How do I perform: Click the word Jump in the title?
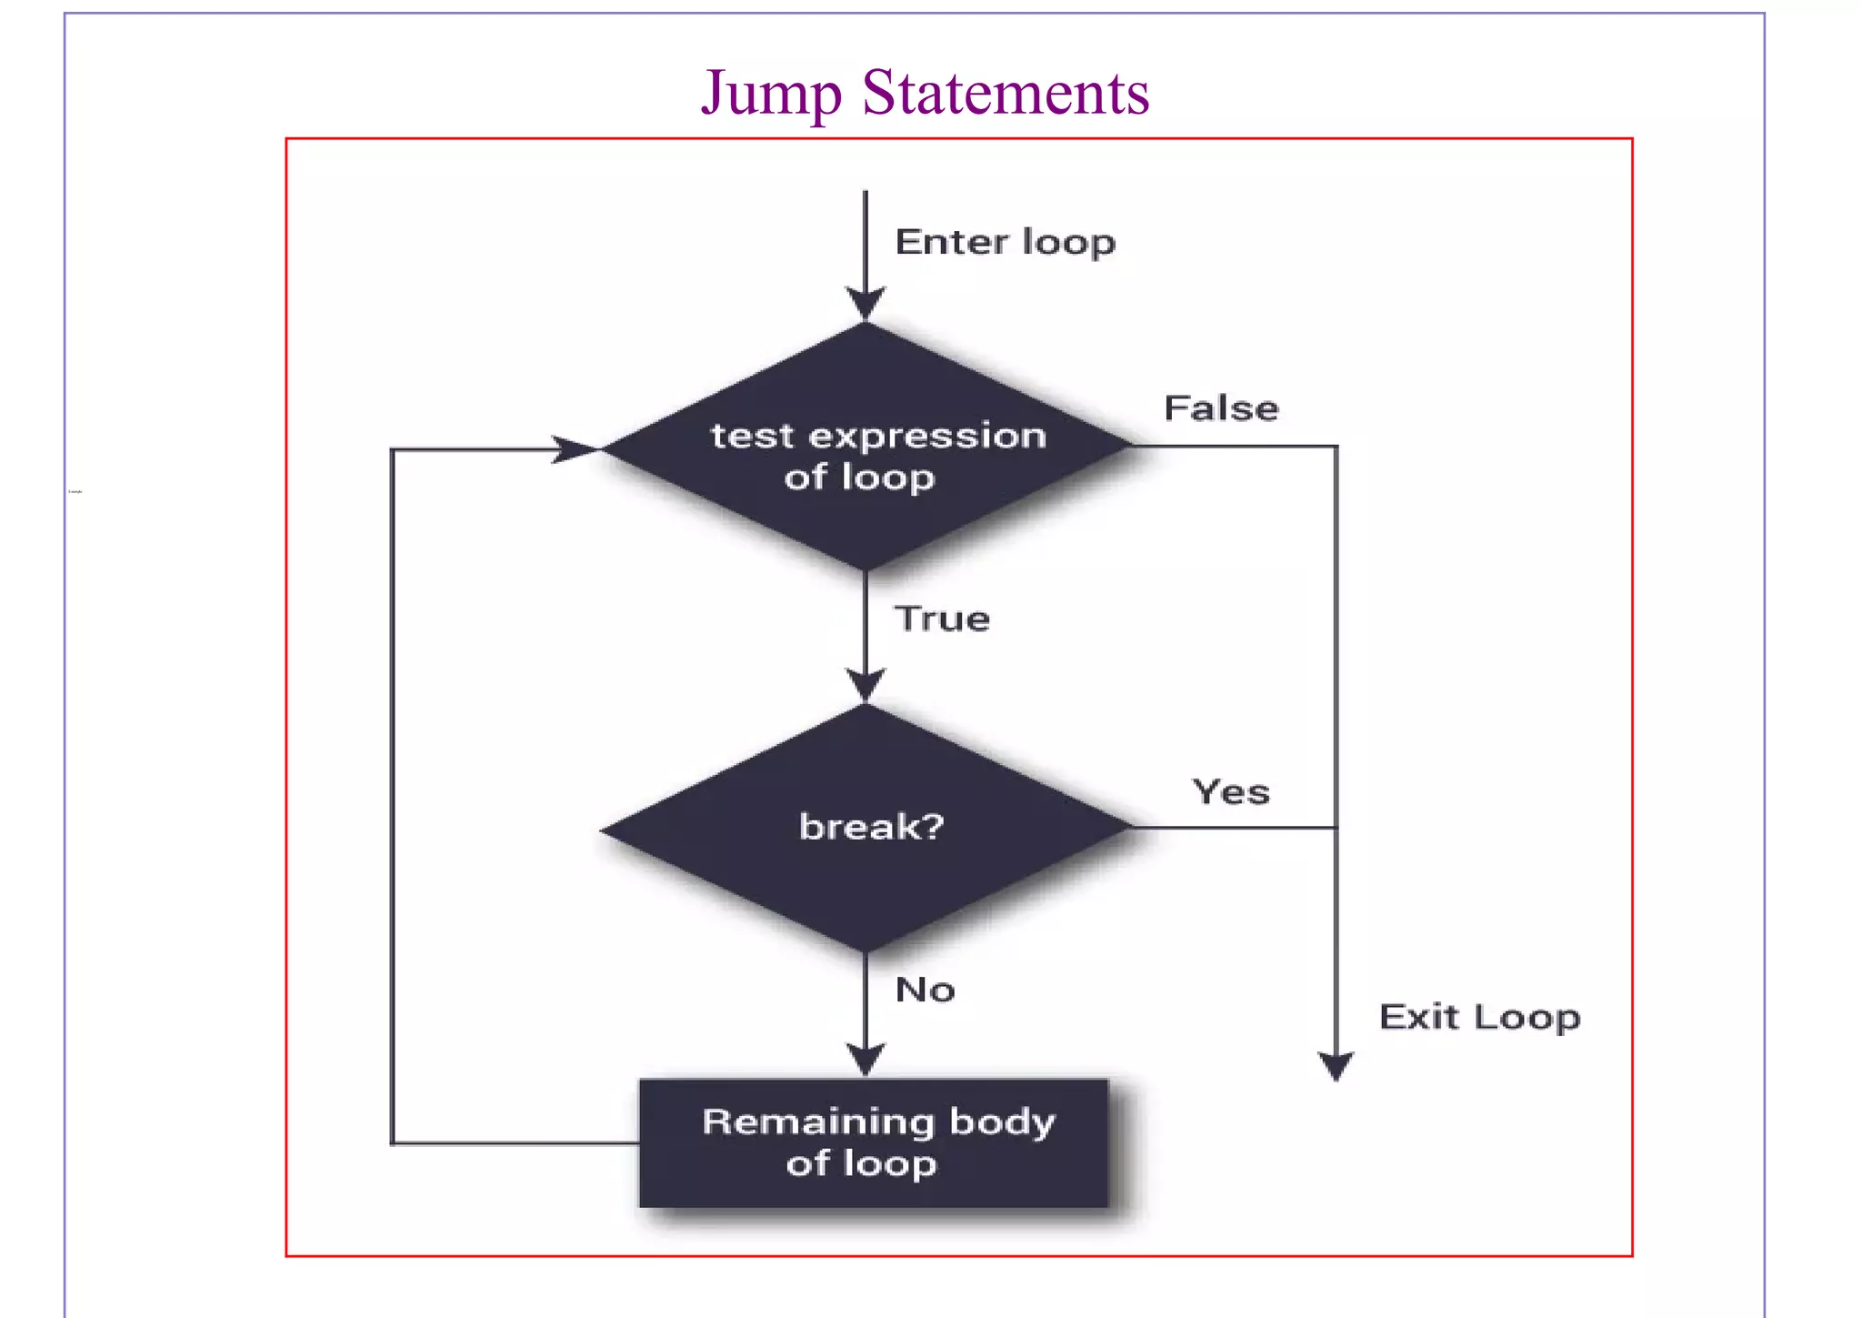click(x=771, y=94)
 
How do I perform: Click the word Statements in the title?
click(x=1006, y=93)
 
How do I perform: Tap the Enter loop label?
click(x=1005, y=243)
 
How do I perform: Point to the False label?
click(x=1221, y=408)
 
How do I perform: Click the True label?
click(x=942, y=619)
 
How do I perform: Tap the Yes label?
click(x=1231, y=791)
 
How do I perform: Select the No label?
click(x=925, y=990)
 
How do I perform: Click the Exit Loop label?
click(x=1479, y=1017)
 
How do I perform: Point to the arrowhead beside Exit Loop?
click(x=1336, y=1066)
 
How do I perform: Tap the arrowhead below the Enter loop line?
click(x=866, y=303)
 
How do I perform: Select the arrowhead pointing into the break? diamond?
click(x=866, y=685)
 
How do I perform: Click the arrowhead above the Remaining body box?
click(x=866, y=1060)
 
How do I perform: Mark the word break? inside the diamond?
click(x=871, y=827)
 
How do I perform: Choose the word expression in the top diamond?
click(x=927, y=437)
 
